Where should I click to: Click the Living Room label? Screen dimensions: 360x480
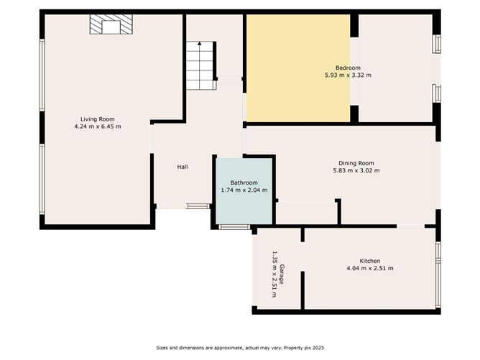[x=97, y=119]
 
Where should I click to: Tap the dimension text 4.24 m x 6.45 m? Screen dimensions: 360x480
[x=97, y=126]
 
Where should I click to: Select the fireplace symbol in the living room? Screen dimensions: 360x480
[x=110, y=26]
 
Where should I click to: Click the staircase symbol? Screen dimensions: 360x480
[x=200, y=65]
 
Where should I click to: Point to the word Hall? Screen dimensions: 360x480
[x=183, y=167]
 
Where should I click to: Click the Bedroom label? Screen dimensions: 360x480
[x=348, y=68]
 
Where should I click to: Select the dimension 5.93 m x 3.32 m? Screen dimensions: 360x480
[x=348, y=75]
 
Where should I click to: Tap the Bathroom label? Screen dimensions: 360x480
[x=244, y=183]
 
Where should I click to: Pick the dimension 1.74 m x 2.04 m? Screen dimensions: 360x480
[x=244, y=190]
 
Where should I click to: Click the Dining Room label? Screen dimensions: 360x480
[x=356, y=163]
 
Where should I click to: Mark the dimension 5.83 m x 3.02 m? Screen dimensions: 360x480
[x=356, y=170]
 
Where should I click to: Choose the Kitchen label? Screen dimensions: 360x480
[x=369, y=261]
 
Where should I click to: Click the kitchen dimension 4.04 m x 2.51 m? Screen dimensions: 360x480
[x=369, y=268]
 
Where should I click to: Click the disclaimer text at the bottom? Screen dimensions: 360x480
[x=240, y=348]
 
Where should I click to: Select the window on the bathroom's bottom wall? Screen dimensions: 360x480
[x=230, y=228]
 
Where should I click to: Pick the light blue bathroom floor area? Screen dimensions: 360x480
[x=244, y=208]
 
